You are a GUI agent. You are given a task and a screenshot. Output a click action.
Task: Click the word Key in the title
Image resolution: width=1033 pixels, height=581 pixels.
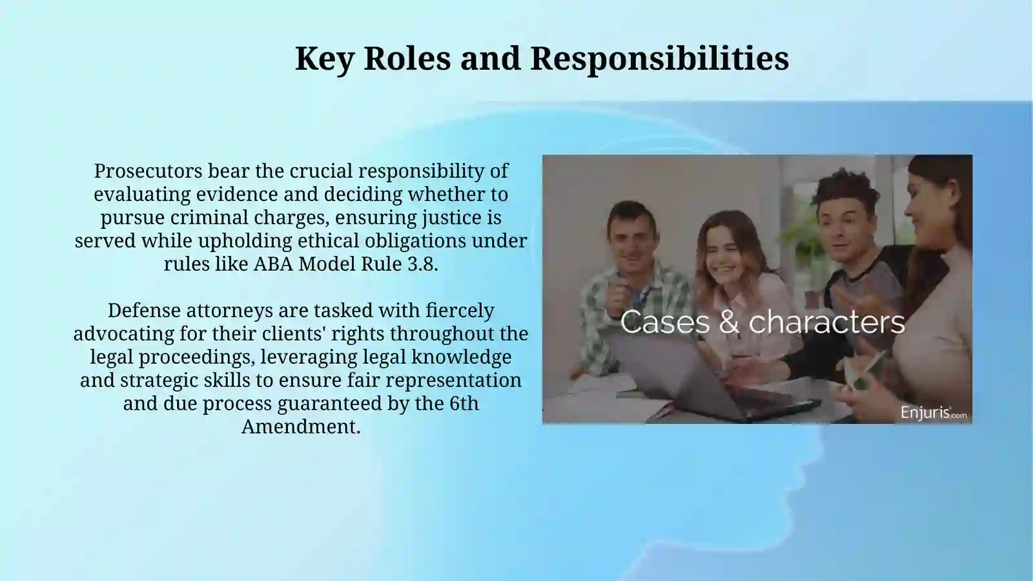323,59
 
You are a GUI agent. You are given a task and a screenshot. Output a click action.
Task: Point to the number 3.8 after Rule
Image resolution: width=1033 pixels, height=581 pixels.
422,264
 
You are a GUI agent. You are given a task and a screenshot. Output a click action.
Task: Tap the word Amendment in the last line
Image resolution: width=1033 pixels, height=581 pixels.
300,427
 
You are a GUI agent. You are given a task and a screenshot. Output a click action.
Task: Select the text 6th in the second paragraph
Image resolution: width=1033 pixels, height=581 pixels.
464,404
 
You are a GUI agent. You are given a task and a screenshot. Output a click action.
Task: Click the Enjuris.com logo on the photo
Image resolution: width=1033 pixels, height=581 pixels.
933,412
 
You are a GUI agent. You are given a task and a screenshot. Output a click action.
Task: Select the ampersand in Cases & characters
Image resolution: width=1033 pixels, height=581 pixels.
729,322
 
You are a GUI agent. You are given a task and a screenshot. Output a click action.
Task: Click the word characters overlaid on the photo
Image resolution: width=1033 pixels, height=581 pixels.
826,322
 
